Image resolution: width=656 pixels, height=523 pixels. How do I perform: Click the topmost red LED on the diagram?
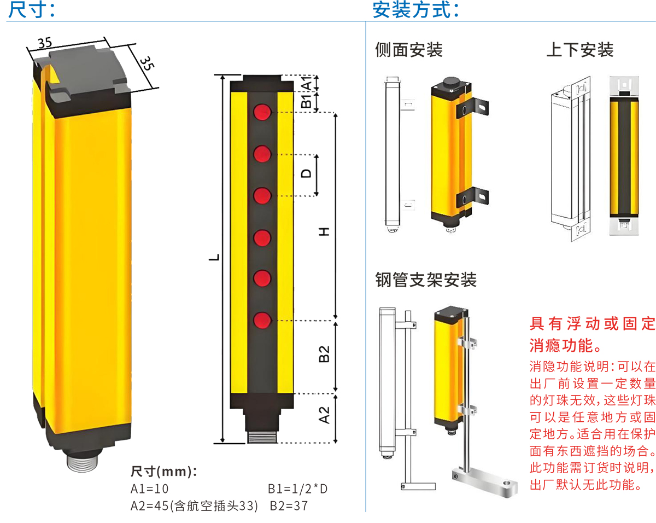(262, 113)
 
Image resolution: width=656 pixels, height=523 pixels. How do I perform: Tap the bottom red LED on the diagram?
(262, 319)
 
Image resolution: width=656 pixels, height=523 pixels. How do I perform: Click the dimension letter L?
(216, 257)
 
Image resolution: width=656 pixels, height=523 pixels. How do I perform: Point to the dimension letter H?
(325, 232)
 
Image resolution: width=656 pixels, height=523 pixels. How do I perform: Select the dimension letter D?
(307, 173)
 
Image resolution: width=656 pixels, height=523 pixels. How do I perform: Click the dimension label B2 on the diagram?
(325, 354)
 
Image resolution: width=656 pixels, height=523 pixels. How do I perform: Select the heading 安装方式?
(415, 10)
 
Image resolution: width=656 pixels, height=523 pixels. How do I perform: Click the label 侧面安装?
(408, 50)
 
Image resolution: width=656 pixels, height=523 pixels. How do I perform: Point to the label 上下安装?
(579, 50)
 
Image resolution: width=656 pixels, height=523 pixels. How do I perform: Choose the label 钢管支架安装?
(426, 280)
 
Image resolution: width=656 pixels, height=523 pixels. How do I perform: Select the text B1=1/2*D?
(297, 489)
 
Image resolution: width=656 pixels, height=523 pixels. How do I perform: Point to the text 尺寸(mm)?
(164, 472)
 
